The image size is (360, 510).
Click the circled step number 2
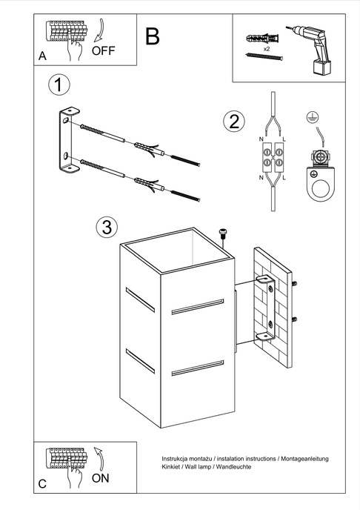point(234,122)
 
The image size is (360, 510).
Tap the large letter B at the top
point(153,36)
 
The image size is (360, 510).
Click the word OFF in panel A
point(104,50)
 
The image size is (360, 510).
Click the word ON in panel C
point(101,478)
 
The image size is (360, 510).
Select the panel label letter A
point(42,56)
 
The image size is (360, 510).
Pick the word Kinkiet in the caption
point(175,470)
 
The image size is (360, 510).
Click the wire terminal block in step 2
point(272,158)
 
